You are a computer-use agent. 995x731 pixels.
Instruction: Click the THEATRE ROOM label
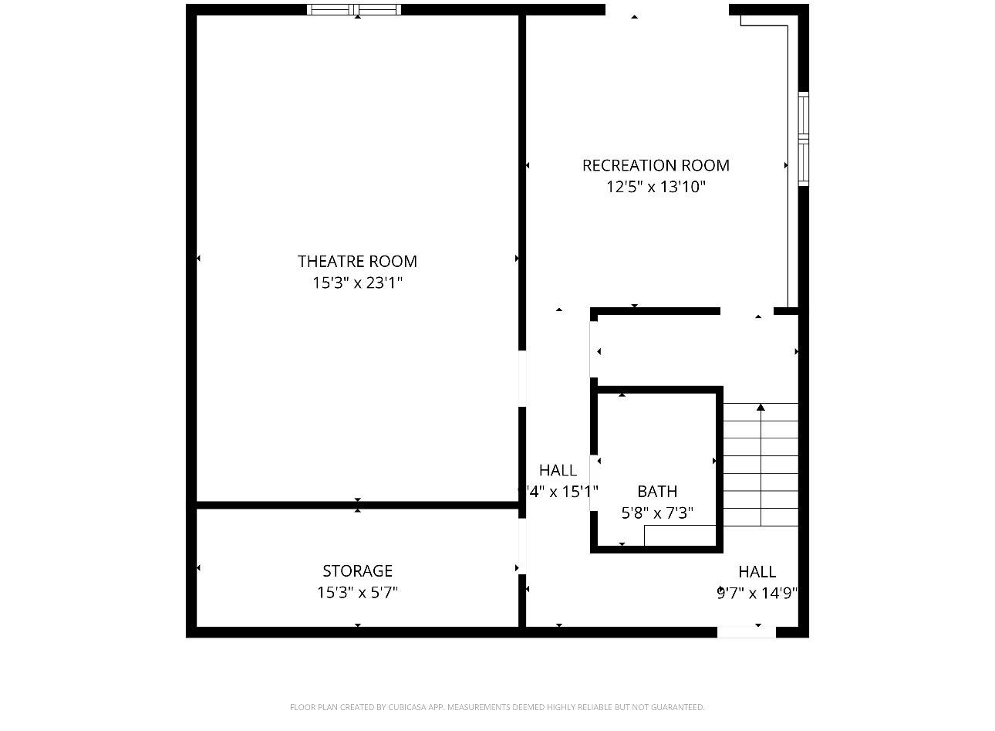point(357,262)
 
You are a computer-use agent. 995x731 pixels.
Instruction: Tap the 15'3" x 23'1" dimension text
point(357,283)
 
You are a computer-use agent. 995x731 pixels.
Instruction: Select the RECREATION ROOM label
point(656,165)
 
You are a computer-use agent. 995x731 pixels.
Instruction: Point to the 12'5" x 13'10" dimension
point(656,187)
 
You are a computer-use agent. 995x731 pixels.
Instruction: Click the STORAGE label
point(357,571)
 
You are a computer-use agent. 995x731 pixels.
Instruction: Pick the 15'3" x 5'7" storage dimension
point(357,593)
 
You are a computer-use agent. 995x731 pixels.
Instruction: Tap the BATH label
point(657,492)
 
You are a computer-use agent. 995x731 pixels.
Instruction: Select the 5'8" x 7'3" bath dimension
point(657,513)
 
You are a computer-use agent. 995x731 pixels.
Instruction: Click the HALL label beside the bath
point(558,470)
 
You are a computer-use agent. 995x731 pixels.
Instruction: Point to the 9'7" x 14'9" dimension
point(757,593)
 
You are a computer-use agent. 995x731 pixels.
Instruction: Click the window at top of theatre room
point(354,10)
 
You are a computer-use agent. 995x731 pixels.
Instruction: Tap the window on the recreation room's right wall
point(803,139)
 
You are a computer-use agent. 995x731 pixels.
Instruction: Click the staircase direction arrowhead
point(761,407)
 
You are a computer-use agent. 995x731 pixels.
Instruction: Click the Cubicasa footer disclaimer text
point(497,707)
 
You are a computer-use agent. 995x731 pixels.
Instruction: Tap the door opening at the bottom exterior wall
point(746,632)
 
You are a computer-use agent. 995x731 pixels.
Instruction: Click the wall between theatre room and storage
point(357,506)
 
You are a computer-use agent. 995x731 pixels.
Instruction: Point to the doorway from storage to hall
point(522,546)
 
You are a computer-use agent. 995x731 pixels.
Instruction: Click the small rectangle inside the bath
point(679,534)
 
